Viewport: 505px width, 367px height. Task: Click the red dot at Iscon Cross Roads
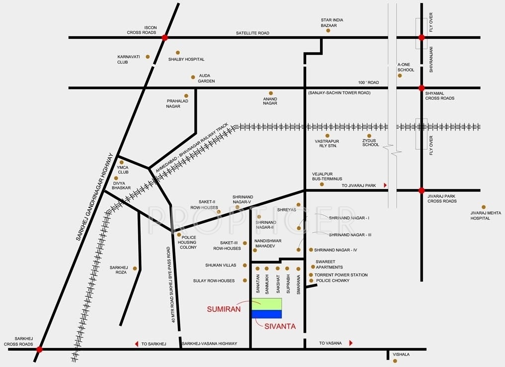click(165, 37)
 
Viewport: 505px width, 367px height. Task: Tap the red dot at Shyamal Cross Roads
click(421, 88)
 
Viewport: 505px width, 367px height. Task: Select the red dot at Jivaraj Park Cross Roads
click(421, 190)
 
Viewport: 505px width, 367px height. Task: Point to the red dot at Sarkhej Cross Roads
click(39, 350)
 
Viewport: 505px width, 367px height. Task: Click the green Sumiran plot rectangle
click(266, 303)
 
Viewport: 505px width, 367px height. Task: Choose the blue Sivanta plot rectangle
click(266, 314)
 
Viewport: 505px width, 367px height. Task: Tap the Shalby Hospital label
click(186, 59)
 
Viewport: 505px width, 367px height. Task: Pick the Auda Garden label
click(206, 79)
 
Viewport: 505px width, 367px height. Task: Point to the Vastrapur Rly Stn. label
click(326, 143)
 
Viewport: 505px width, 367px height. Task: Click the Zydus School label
click(370, 143)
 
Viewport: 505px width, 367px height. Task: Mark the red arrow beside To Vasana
click(351, 343)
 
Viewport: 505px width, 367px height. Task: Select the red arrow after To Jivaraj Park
click(385, 185)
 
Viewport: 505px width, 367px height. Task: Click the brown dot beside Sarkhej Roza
click(135, 268)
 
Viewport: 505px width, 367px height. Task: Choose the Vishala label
click(401, 355)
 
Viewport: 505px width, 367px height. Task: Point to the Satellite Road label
click(252, 33)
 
